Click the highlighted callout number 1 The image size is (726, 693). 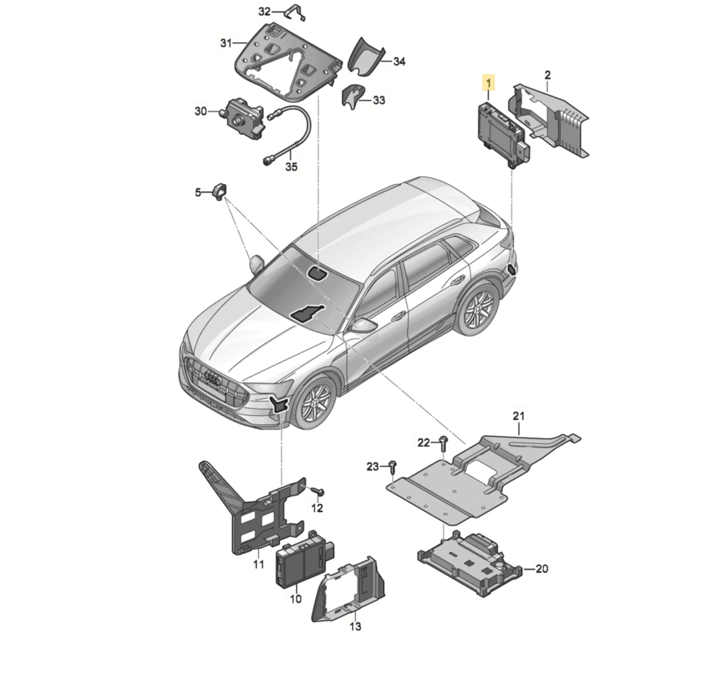click(488, 82)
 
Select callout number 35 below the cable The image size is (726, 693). click(292, 166)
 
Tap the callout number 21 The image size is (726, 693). click(518, 416)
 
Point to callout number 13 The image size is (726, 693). click(355, 626)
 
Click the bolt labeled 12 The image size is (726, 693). click(318, 492)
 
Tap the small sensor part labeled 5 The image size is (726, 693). click(220, 192)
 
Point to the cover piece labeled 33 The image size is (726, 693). click(353, 97)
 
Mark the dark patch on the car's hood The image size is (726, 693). click(307, 313)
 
